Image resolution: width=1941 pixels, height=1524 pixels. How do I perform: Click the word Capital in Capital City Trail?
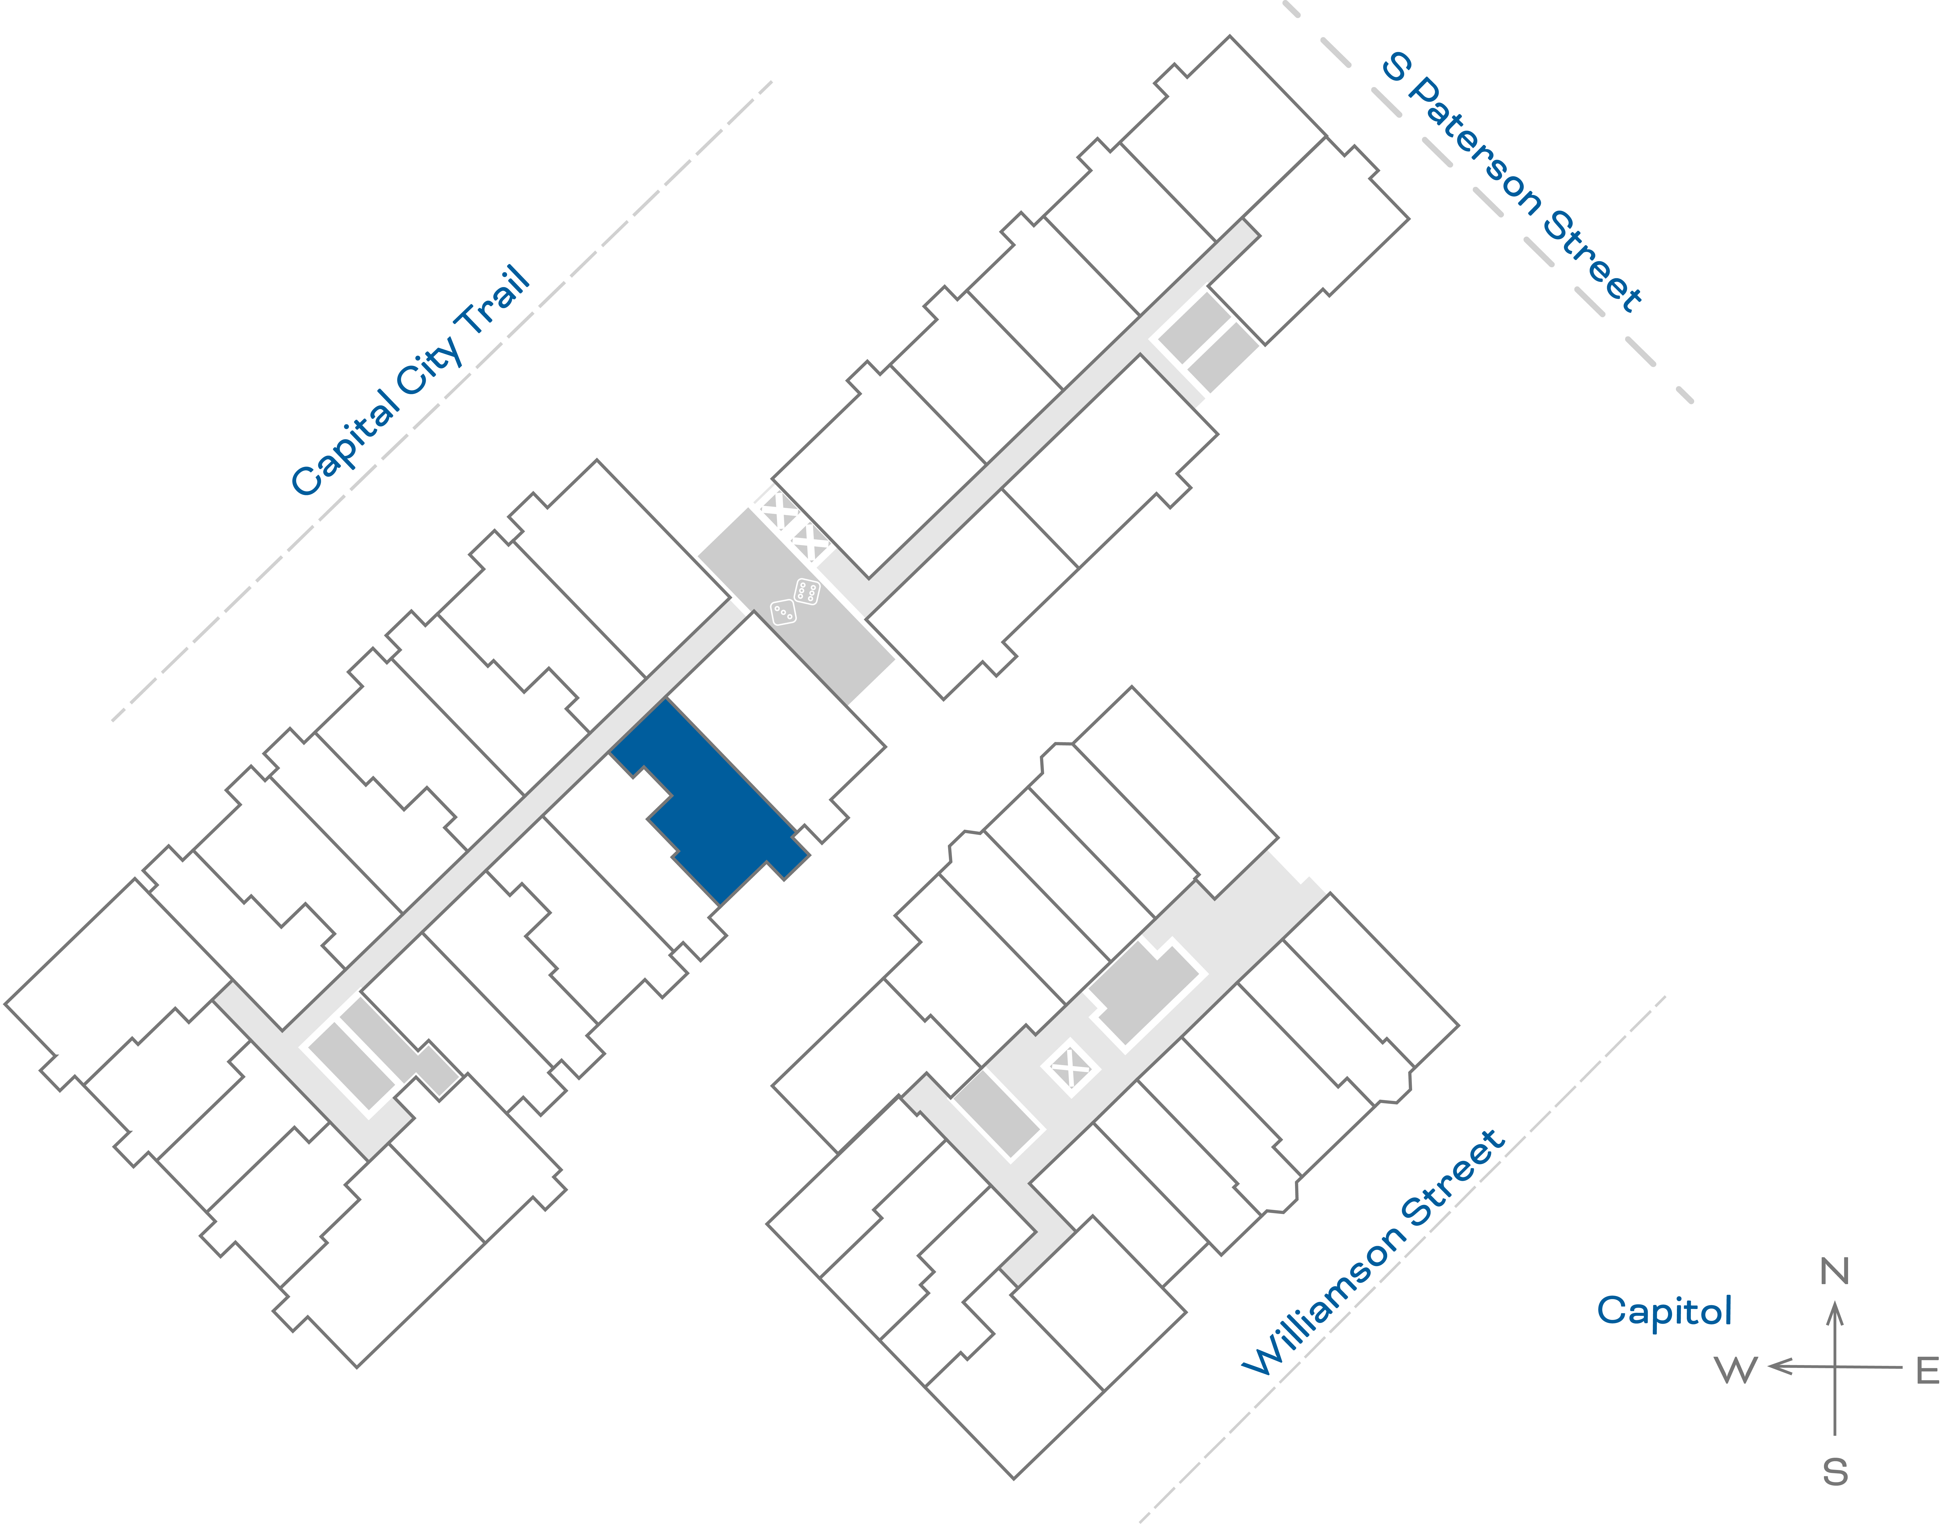346,442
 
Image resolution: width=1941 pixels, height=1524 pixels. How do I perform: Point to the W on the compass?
1736,1370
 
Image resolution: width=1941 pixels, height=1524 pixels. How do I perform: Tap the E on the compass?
1928,1370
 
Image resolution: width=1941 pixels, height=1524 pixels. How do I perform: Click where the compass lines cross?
1835,1366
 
